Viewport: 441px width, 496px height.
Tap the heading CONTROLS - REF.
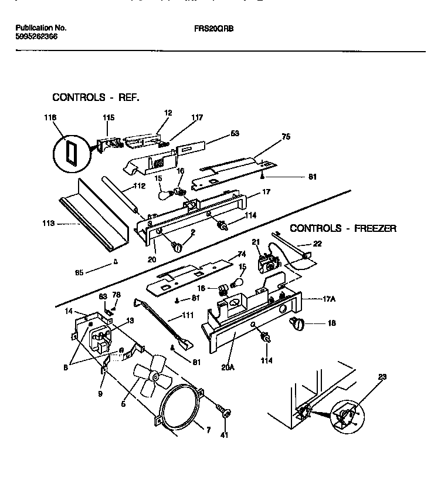pos(96,97)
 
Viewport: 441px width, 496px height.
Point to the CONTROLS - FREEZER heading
pos(343,228)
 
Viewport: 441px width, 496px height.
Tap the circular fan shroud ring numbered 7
pos(179,410)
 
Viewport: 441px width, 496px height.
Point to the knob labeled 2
pos(175,247)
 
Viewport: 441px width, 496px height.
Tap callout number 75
pos(286,138)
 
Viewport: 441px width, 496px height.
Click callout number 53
pos(235,134)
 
